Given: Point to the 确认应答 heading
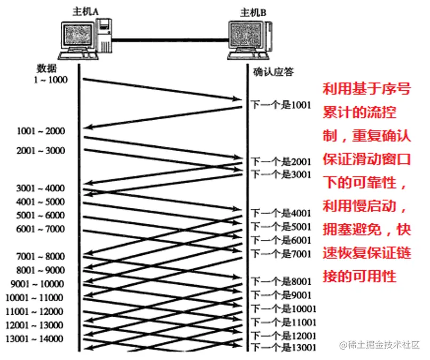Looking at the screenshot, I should point(273,72).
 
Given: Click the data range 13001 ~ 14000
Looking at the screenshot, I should point(35,339).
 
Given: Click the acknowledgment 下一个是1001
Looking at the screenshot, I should point(280,105).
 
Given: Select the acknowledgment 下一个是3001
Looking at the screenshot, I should point(280,174).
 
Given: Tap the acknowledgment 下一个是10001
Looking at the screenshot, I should point(284,309).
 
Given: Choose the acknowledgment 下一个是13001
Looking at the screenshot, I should point(284,348).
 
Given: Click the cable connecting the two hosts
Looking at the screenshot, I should point(168,38).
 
